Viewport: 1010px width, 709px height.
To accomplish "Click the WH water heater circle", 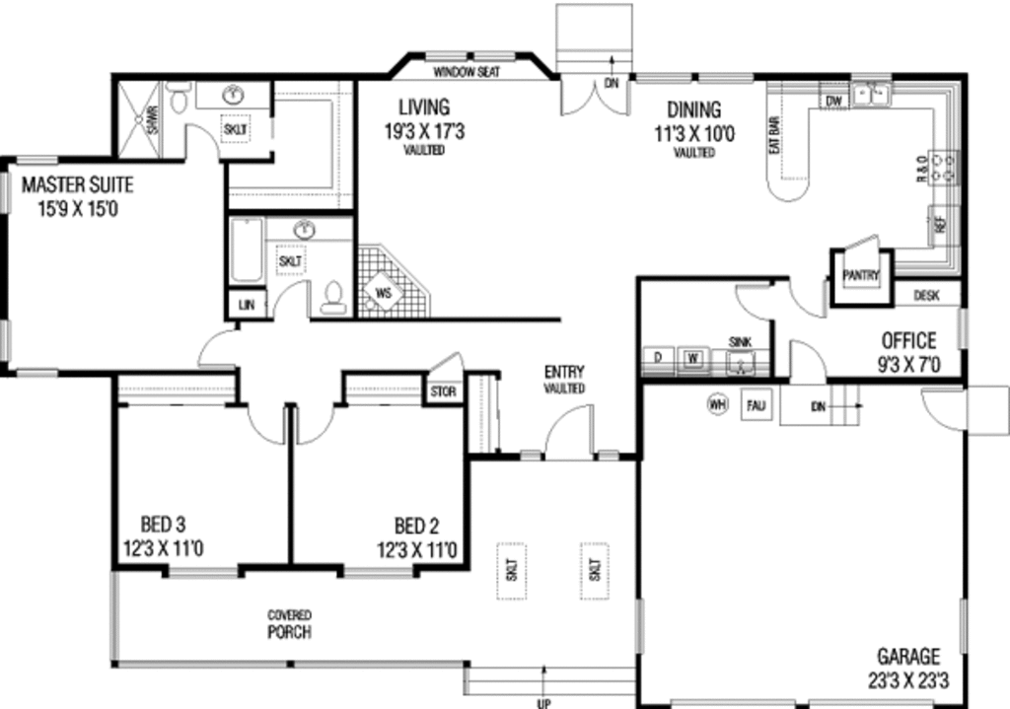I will click(x=717, y=403).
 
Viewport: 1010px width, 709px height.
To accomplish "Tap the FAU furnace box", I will click(x=757, y=404).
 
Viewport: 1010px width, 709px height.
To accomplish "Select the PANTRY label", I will click(x=860, y=277).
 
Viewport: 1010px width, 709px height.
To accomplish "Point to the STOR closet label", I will click(x=443, y=391).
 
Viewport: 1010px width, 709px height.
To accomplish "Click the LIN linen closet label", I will click(x=247, y=306).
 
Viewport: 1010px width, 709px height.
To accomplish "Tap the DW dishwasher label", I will click(x=832, y=101).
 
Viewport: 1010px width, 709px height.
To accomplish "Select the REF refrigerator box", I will click(x=939, y=223).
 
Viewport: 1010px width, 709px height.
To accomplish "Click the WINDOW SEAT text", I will click(x=467, y=72).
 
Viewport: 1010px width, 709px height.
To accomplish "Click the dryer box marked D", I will click(x=658, y=357).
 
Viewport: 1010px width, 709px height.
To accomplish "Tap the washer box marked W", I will click(x=693, y=357).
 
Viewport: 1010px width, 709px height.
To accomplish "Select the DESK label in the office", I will click(x=925, y=294).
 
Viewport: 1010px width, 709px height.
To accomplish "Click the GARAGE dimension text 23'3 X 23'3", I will click(x=909, y=680).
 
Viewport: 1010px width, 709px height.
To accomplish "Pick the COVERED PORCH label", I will click(x=290, y=624).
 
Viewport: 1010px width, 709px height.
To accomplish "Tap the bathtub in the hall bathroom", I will click(x=247, y=252).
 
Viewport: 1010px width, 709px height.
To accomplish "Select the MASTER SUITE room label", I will click(x=77, y=195).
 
